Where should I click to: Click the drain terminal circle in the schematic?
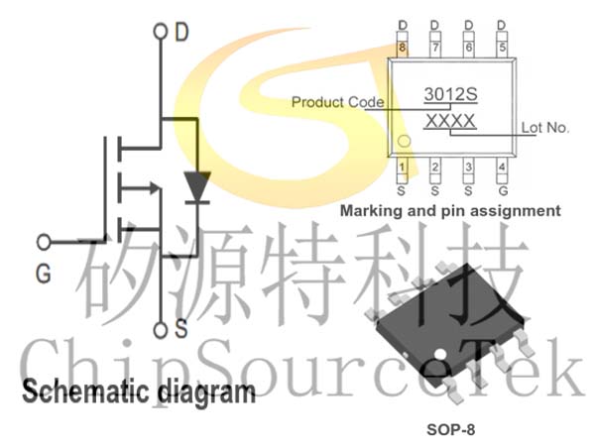160,31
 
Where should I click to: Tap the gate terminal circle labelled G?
44,242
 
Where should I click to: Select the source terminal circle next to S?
160,330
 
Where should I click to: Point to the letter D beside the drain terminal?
181,32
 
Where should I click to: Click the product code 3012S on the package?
450,94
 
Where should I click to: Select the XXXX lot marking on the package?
450,121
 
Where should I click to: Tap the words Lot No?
544,128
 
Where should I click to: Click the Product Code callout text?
337,102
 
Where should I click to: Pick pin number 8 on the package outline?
402,48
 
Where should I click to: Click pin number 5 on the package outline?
502,48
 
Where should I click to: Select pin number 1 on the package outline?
402,167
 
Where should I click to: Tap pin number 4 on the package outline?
502,167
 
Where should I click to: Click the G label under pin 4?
503,190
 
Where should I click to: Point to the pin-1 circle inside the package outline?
405,141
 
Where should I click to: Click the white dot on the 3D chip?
440,354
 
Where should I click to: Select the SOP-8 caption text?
450,430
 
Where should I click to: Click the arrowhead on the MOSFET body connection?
155,187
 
